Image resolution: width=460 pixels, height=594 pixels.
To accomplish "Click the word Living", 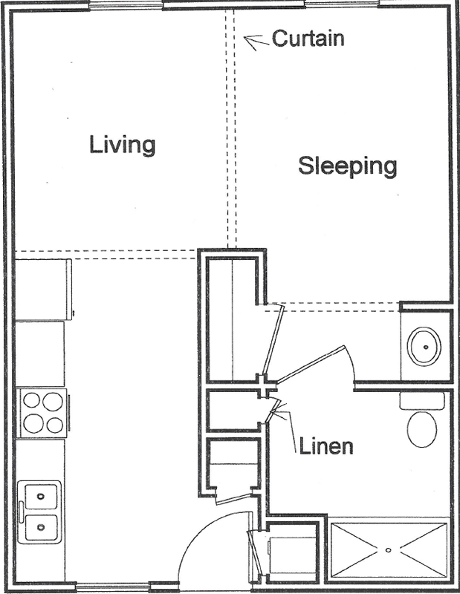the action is pos(122,145).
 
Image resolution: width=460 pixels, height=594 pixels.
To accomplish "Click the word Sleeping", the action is pos(347,166).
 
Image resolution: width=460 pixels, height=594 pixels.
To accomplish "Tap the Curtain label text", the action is pos(308,39).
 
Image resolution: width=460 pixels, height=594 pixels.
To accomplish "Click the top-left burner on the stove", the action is pos(31,400).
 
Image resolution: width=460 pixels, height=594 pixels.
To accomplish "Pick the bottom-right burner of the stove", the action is pos(54,425).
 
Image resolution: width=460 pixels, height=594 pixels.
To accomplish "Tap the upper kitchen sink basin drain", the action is pos(40,496).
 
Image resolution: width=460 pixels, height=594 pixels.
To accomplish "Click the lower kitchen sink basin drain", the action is pos(41,527).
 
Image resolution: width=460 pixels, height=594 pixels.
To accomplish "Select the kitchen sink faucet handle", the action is pos(22,511).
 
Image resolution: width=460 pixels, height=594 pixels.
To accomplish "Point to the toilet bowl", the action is pos(421,429).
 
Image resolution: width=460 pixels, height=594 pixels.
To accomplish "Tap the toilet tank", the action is pos(421,400).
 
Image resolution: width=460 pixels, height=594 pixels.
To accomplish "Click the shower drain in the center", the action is pos(388,549).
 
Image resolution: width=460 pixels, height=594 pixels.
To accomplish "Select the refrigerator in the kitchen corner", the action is pos(43,290).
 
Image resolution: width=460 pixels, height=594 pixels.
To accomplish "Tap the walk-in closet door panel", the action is pos(273,340).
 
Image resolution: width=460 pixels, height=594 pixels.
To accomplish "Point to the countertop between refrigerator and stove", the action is pos(40,354).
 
